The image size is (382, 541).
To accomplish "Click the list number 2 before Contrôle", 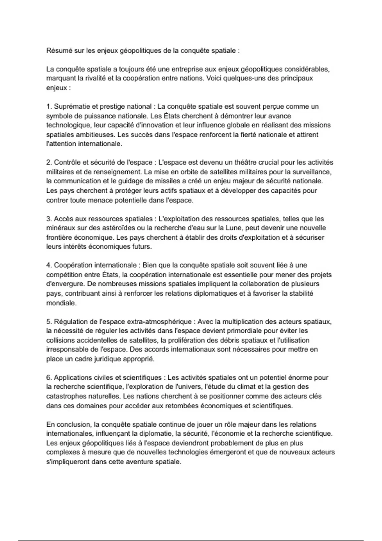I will pos(49,163).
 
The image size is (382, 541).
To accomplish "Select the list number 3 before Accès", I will pos(49,219).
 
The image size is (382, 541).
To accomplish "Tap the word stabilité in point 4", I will pos(301,293).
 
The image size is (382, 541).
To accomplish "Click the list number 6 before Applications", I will pos(49,378).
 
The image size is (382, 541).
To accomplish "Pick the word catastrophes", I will pos(65,397).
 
